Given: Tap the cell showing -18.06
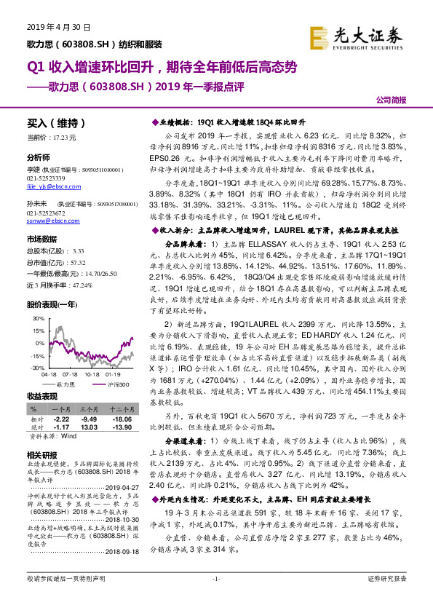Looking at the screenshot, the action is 121,420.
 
